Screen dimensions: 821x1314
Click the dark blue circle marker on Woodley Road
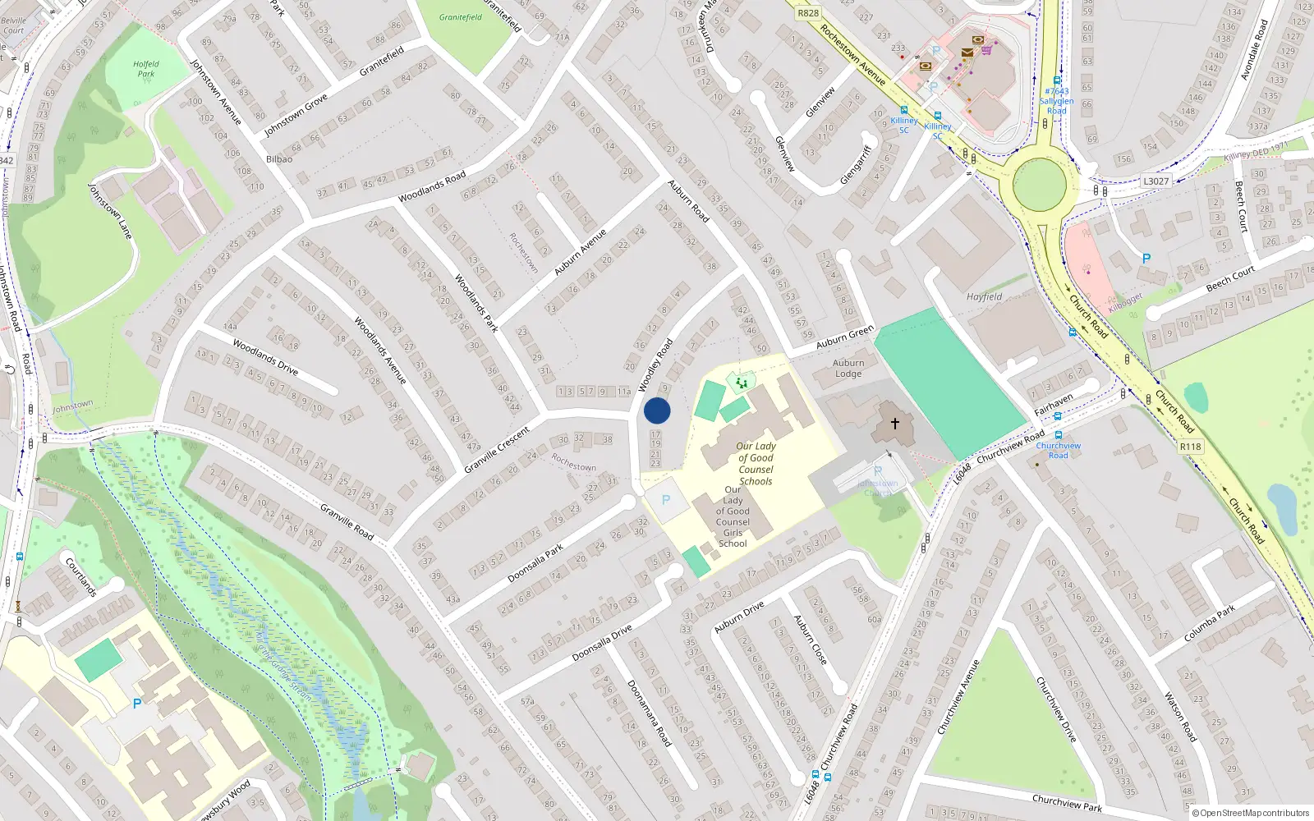(657, 410)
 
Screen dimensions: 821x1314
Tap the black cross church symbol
(895, 424)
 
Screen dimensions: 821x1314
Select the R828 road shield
(808, 12)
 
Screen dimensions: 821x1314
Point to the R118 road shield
(1190, 447)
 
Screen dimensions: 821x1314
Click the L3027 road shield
(1155, 181)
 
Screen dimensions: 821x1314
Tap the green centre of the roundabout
(1039, 185)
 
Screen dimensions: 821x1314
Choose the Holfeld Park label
(146, 69)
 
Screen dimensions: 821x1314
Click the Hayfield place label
(984, 297)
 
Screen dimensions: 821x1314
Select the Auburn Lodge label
(848, 368)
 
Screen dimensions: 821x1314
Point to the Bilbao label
(279, 159)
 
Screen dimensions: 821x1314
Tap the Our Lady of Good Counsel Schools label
(756, 464)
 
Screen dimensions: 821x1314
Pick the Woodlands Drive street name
(264, 357)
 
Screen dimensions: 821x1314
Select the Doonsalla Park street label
(535, 563)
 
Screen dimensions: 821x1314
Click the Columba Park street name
(1209, 624)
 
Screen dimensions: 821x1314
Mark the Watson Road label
(1181, 717)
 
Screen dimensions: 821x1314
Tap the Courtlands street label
(80, 577)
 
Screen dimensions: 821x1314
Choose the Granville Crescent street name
(497, 449)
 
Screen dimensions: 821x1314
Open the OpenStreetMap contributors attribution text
(1250, 813)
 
